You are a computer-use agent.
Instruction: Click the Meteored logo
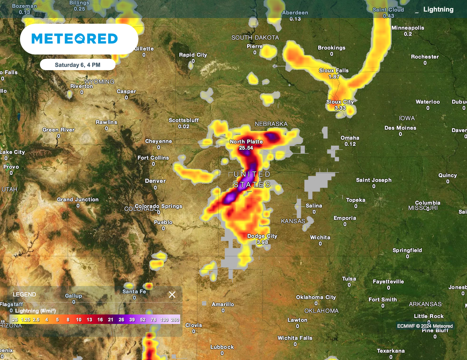[x=75, y=39]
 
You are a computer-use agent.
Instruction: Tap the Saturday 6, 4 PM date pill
[x=78, y=65]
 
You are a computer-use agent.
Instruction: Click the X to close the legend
[x=172, y=295]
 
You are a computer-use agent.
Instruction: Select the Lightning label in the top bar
[x=438, y=10]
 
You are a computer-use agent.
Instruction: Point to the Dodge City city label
[x=262, y=236]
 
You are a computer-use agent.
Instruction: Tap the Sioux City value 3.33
[x=340, y=108]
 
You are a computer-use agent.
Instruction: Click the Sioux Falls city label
[x=334, y=71]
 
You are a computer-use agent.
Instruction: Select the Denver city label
[x=155, y=181]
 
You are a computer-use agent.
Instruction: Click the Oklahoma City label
[x=316, y=297]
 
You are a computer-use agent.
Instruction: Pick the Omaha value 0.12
[x=350, y=144]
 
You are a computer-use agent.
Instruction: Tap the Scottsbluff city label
[x=184, y=120]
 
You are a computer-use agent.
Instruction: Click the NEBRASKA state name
[x=271, y=124]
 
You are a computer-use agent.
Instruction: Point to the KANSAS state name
[x=292, y=221]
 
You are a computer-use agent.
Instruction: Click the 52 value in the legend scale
[x=143, y=320]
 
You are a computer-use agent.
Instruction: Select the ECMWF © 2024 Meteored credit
[x=425, y=326]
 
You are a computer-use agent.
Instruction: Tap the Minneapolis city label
[x=408, y=28]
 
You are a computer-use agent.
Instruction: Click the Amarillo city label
[x=223, y=304]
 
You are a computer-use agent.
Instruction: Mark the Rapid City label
[x=193, y=55]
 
